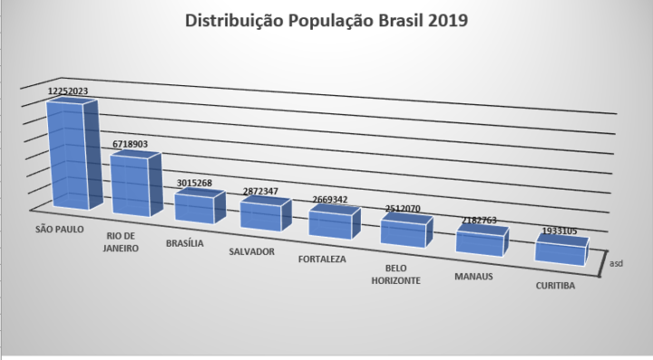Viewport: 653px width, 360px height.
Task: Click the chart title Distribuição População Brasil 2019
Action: pos(326,20)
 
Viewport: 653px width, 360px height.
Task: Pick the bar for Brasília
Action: pos(200,206)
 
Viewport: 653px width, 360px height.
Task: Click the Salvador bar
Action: pos(266,213)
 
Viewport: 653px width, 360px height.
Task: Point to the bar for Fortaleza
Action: pos(335,222)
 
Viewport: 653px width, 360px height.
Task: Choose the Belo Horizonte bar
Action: pos(406,230)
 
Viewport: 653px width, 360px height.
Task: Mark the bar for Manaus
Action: pos(482,240)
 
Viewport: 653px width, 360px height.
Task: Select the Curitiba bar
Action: pos(561,249)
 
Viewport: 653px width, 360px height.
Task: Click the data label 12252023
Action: pos(68,92)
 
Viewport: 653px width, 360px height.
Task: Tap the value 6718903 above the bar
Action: pos(130,144)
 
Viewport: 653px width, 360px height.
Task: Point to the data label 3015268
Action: pos(194,182)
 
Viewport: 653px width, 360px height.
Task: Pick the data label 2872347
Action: pos(260,191)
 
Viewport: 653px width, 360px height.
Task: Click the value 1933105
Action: pos(560,230)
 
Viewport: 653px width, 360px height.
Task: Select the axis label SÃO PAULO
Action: pos(60,229)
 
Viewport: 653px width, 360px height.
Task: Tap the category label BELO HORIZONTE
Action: pos(395,274)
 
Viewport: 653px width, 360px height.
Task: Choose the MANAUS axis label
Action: pos(473,277)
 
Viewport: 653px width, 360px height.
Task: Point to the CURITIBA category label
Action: pos(555,286)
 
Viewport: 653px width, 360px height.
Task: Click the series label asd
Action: pos(616,264)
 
